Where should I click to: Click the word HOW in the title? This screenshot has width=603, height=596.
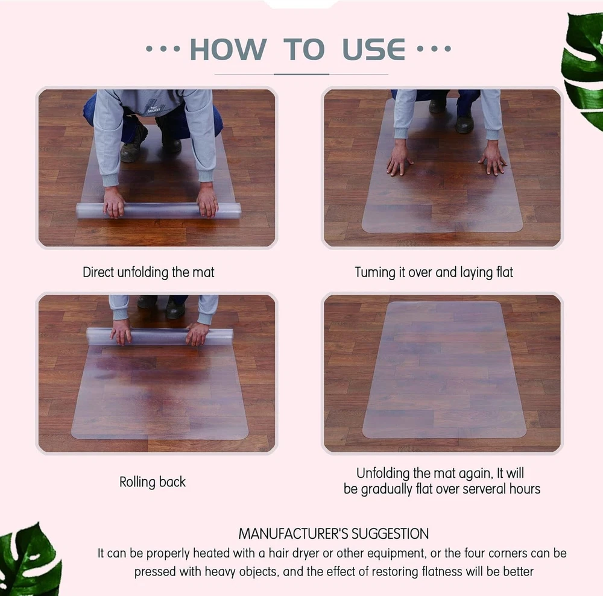click(228, 49)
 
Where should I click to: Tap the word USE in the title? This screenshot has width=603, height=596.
click(373, 49)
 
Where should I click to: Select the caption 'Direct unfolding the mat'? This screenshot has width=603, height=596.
click(148, 272)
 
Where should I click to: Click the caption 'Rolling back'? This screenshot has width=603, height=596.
click(153, 482)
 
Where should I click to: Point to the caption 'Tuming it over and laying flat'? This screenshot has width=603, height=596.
click(434, 272)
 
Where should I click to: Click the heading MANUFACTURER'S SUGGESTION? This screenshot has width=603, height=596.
click(333, 534)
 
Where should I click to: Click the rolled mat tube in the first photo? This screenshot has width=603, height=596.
click(159, 210)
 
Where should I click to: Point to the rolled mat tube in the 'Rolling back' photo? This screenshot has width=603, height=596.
click(160, 337)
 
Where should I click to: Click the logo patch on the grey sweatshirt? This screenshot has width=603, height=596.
click(153, 109)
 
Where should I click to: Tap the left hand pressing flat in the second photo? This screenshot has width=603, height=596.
click(400, 158)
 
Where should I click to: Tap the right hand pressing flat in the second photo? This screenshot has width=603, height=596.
click(493, 158)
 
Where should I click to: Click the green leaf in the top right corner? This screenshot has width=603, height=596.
click(582, 69)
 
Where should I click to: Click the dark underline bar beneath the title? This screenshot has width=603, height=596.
click(301, 74)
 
